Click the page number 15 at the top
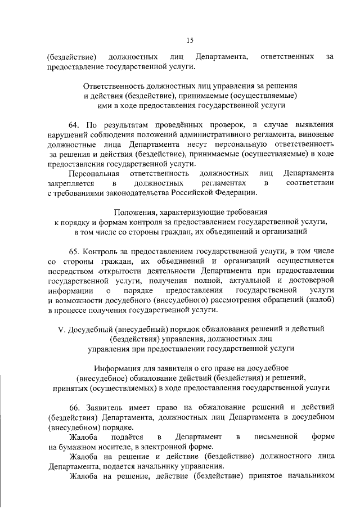(x=190, y=40)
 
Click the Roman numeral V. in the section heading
(x=62, y=328)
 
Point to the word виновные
(x=317, y=134)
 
